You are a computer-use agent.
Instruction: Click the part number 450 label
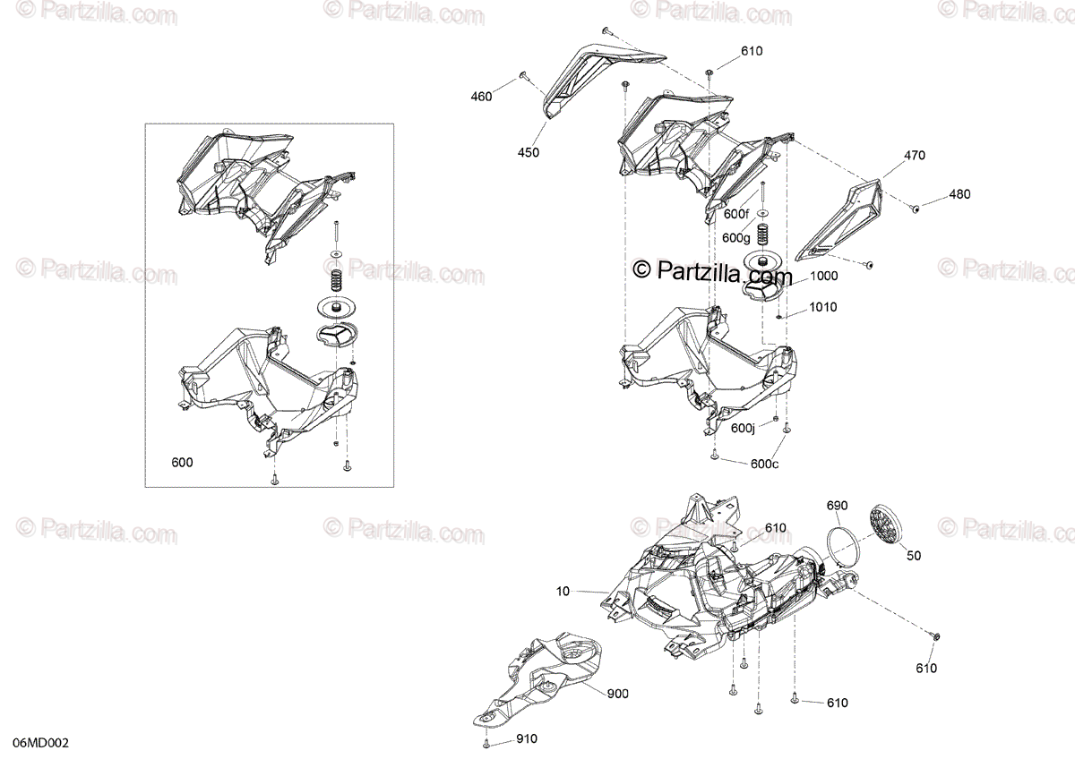529,153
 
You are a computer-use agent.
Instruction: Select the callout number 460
481,97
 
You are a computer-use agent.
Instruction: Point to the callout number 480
959,194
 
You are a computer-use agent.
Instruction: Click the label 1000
824,277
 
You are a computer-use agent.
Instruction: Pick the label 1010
823,307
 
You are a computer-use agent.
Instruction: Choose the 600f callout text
735,214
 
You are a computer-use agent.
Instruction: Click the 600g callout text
735,237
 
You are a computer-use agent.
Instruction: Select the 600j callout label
743,429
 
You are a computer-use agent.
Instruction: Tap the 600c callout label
764,463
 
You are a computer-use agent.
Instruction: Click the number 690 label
837,506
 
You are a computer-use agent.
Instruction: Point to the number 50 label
913,556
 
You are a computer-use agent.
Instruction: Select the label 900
617,694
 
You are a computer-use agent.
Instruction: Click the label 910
528,739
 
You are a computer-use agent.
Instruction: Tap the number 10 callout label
562,592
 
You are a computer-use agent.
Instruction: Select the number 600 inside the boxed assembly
182,463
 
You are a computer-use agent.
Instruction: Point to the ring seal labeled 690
840,545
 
